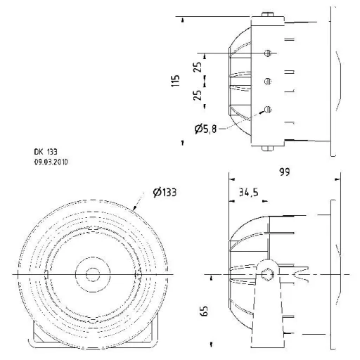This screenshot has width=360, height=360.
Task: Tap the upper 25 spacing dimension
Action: pos(198,67)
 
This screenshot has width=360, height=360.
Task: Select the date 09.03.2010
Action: pos(51,161)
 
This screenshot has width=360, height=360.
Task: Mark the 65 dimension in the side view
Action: pos(204,309)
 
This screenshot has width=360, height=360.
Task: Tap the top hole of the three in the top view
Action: pos(267,53)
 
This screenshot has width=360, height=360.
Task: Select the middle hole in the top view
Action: pos(267,82)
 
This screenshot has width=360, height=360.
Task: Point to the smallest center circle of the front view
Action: pos(91,273)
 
